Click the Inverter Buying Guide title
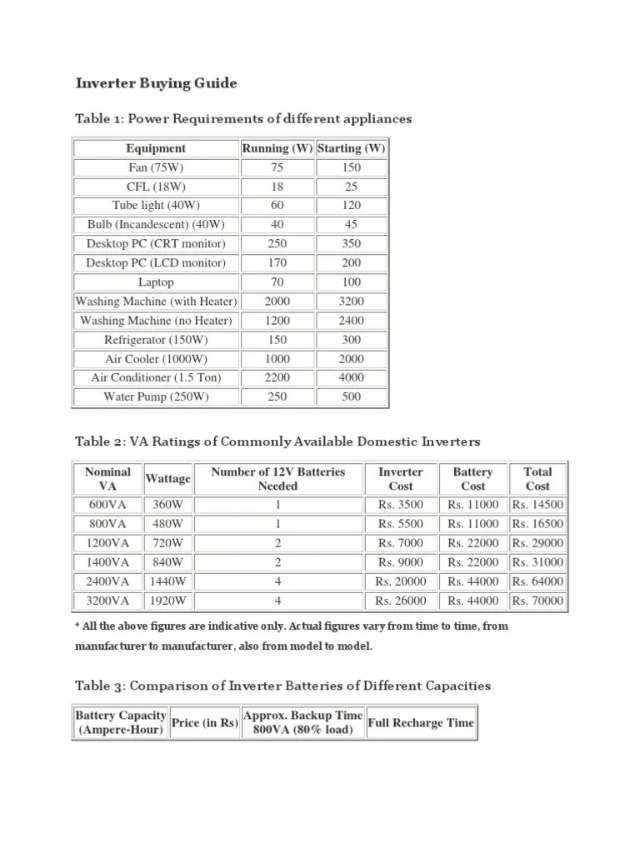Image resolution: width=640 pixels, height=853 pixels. click(x=157, y=83)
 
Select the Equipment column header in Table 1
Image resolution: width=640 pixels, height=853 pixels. click(x=156, y=148)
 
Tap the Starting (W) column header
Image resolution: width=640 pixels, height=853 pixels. click(x=351, y=148)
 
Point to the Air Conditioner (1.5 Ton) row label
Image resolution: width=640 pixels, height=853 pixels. click(x=156, y=377)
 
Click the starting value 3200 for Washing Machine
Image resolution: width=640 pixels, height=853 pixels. click(x=351, y=301)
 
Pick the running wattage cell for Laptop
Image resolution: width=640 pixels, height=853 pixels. click(x=277, y=282)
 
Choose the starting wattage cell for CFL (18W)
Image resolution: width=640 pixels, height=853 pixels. click(x=351, y=187)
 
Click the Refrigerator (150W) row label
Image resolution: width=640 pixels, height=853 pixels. click(x=156, y=339)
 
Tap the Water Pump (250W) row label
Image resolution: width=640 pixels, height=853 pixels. click(x=156, y=397)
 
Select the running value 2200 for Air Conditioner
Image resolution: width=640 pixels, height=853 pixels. click(x=277, y=377)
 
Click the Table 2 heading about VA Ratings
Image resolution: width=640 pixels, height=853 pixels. click(x=277, y=441)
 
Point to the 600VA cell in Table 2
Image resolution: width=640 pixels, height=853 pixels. click(x=107, y=504)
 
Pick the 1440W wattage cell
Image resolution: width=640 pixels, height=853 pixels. click(x=167, y=581)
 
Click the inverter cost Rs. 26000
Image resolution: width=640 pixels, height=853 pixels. click(x=400, y=601)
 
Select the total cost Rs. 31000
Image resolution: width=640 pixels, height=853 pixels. click(x=537, y=562)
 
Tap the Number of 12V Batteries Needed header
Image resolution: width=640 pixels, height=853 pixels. click(x=277, y=479)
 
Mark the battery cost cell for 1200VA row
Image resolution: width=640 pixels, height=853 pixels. click(x=472, y=543)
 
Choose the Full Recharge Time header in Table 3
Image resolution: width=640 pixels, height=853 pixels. click(x=420, y=723)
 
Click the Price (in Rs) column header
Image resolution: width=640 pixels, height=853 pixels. click(x=204, y=723)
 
